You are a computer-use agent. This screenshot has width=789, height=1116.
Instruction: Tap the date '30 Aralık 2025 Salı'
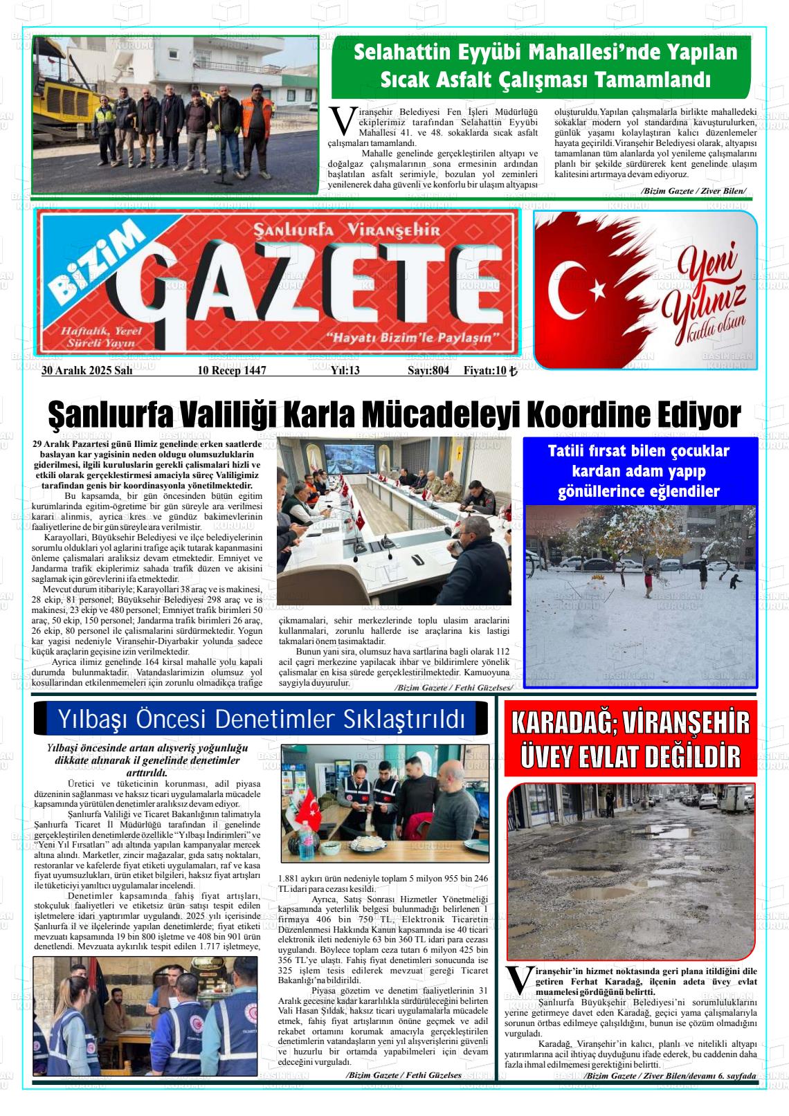tap(87, 370)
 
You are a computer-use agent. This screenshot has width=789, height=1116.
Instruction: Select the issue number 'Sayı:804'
tap(428, 370)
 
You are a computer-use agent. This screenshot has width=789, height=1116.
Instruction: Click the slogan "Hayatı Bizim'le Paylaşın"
tap(413, 338)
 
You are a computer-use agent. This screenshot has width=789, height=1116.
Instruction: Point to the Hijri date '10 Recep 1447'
tap(232, 370)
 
